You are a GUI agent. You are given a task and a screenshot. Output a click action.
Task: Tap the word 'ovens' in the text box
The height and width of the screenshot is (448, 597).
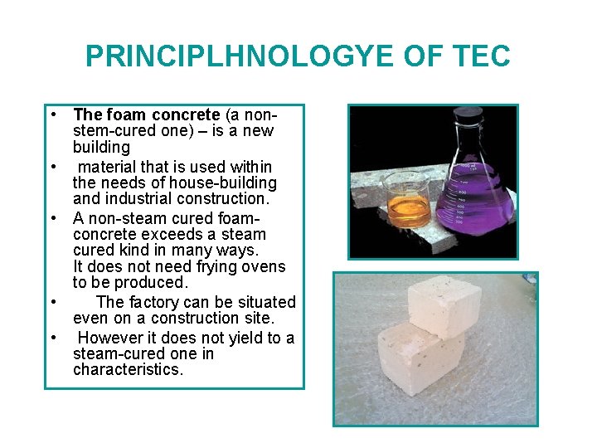[x=264, y=267]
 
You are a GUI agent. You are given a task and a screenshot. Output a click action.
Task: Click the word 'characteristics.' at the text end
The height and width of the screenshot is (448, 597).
[x=128, y=370]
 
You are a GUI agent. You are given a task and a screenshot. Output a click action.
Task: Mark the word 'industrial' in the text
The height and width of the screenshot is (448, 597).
[x=138, y=199]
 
